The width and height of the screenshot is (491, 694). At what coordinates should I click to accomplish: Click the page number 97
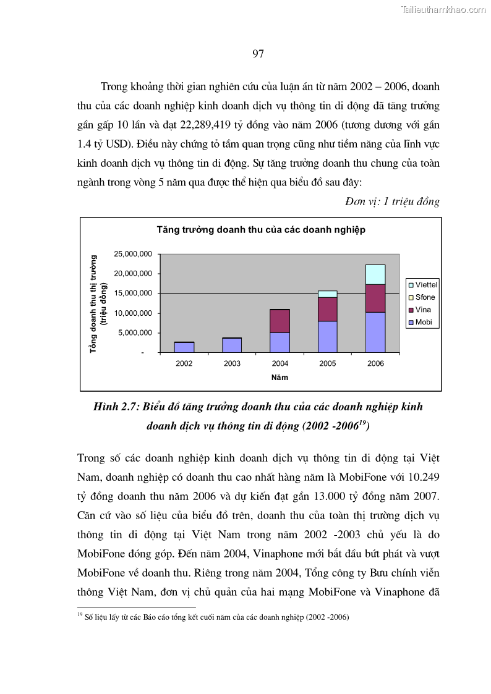click(258, 54)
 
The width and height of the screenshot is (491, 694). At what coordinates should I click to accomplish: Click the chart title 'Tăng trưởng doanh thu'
click(260, 229)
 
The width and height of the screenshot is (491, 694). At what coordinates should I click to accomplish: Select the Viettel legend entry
click(422, 285)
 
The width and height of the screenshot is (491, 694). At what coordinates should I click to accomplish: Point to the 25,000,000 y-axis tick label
click(133, 254)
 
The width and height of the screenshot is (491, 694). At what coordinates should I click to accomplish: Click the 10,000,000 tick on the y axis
click(133, 313)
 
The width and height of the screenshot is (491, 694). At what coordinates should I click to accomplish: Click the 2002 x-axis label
click(184, 363)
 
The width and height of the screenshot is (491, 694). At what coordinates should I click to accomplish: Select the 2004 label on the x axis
click(280, 363)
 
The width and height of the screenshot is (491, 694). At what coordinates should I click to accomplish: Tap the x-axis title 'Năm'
click(280, 377)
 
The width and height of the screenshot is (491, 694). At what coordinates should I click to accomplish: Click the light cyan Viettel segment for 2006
click(375, 274)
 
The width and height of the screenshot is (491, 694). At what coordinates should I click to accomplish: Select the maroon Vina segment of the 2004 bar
click(280, 321)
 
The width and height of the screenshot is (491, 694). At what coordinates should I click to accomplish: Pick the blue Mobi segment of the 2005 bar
click(328, 337)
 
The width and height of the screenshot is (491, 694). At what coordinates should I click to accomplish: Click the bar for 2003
click(232, 345)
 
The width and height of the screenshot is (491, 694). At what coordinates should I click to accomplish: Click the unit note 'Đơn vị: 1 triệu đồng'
click(393, 202)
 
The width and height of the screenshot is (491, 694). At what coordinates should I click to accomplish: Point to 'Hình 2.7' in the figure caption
click(117, 407)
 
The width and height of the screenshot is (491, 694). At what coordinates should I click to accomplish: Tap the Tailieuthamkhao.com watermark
click(443, 9)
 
